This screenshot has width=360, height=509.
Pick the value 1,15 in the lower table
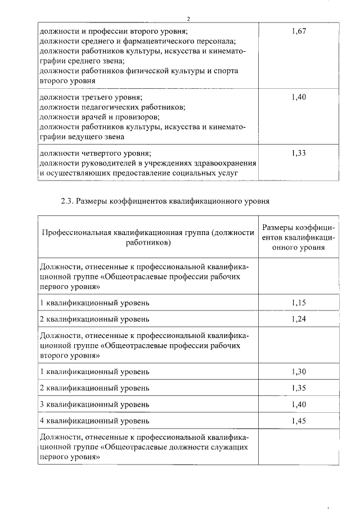point(299,303)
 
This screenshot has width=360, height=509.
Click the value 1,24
point(299,319)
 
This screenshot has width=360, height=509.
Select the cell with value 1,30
point(299,372)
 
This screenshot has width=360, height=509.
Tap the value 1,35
point(299,388)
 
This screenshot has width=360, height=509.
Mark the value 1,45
point(299,421)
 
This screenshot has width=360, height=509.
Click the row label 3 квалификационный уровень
point(94,404)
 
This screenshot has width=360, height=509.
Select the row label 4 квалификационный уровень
point(94,421)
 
